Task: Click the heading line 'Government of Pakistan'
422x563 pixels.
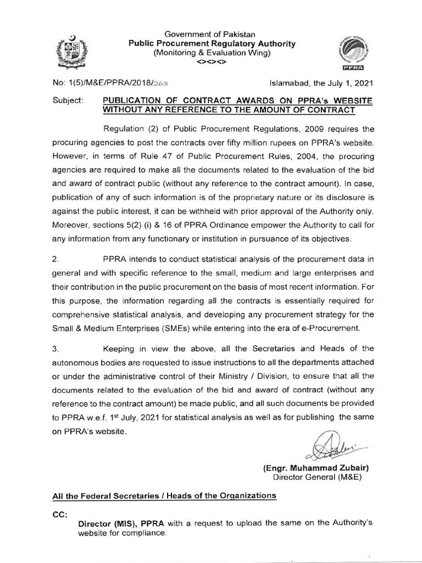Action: pos(212,34)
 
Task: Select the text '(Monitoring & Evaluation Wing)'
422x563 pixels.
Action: pos(212,53)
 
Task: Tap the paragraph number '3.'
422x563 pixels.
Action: pos(55,348)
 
